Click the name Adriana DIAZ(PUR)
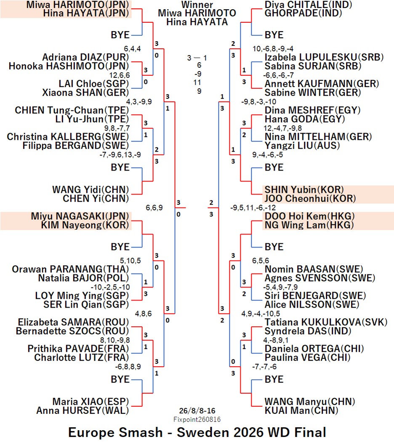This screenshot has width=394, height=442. pyautogui.click(x=85, y=57)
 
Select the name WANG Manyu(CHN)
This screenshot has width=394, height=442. pyautogui.click(x=310, y=402)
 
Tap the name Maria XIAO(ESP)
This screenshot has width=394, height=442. pyautogui.click(x=91, y=402)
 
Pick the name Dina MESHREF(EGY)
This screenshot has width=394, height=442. pyautogui.click(x=313, y=110)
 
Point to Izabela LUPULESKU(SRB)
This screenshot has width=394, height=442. pyautogui.click(x=324, y=57)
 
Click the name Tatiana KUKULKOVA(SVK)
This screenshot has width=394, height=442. pyautogui.click(x=326, y=322)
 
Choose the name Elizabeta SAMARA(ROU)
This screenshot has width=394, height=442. pyautogui.click(x=73, y=322)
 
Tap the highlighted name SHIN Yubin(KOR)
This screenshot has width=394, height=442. pyautogui.click(x=304, y=189)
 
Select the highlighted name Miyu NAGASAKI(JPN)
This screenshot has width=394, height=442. pyautogui.click(x=80, y=216)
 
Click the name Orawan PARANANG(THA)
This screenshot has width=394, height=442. pyautogui.click(x=70, y=269)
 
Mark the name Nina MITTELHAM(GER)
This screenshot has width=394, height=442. pyautogui.click(x=318, y=137)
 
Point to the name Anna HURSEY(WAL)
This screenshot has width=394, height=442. pyautogui.click(x=83, y=410)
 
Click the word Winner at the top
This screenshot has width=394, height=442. pyautogui.click(x=197, y=5)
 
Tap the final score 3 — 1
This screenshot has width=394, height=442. pyautogui.click(x=197, y=58)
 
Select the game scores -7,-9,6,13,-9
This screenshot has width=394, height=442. pyautogui.click(x=120, y=155)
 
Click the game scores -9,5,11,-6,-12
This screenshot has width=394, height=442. pyautogui.click(x=253, y=208)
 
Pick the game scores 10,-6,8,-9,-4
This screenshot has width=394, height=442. pyautogui.click(x=273, y=49)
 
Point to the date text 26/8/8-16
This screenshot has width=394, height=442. pyautogui.click(x=197, y=411)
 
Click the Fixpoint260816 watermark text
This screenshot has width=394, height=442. pyautogui.click(x=197, y=419)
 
